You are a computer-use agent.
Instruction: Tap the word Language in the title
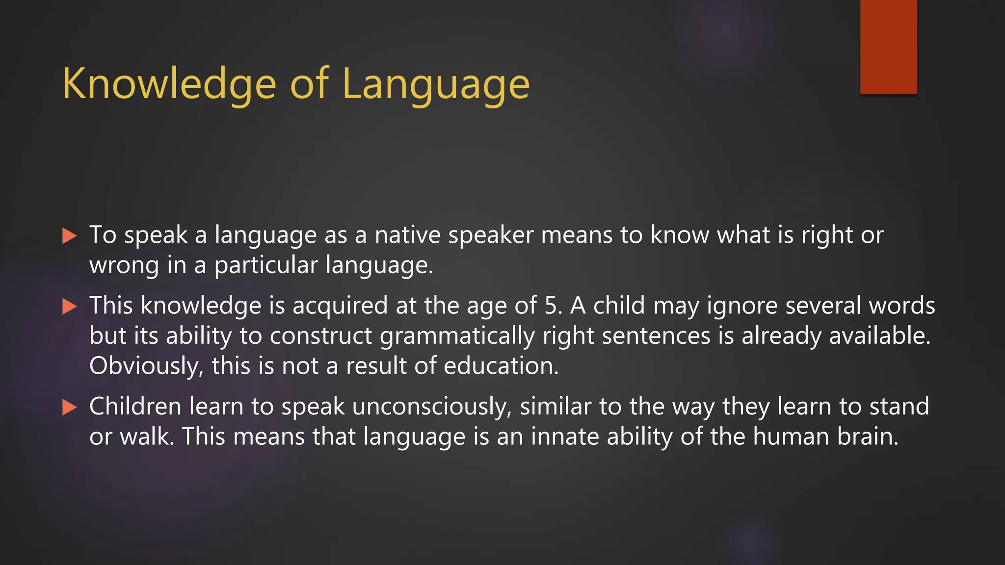tap(436, 84)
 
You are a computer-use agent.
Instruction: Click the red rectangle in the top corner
tap(888, 47)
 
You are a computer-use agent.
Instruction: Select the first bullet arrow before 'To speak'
tap(70, 236)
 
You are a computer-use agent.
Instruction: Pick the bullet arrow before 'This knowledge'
tap(70, 307)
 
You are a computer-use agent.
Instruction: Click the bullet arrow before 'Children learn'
tap(70, 407)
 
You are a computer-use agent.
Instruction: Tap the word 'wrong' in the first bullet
tap(124, 265)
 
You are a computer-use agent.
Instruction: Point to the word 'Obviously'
tap(146, 366)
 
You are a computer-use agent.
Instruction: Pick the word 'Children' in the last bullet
tap(135, 407)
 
